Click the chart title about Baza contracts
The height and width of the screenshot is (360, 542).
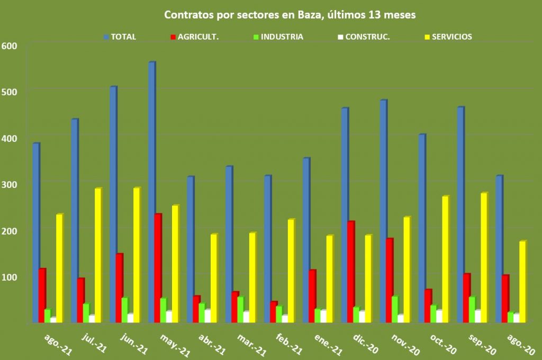(x=290, y=15)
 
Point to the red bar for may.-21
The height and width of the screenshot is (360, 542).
(x=158, y=268)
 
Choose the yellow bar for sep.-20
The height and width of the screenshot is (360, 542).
(x=483, y=258)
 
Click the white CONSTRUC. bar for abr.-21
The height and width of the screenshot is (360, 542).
(x=207, y=316)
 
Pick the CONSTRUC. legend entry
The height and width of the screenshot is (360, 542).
(x=363, y=37)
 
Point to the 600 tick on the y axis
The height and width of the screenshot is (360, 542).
(x=11, y=46)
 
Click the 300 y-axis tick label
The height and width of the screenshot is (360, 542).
(x=11, y=184)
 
